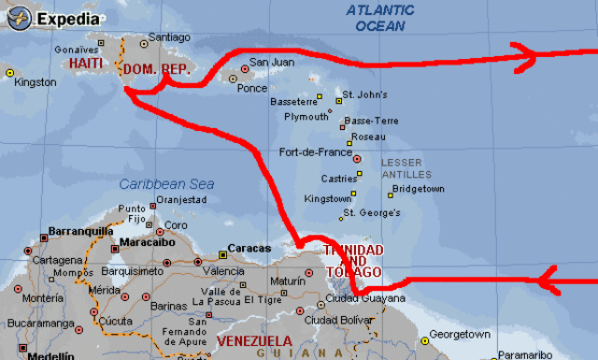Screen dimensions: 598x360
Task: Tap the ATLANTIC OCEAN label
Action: [x=379, y=18]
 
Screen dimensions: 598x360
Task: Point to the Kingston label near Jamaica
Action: [x=36, y=82]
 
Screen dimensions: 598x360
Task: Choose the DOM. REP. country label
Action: [x=158, y=70]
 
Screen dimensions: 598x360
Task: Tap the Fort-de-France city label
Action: [x=315, y=152]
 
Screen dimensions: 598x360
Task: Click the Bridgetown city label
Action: [x=419, y=189]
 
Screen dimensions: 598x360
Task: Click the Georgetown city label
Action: [x=461, y=335]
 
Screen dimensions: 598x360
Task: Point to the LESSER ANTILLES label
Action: [x=406, y=168]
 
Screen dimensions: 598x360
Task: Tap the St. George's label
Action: [x=371, y=213]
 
